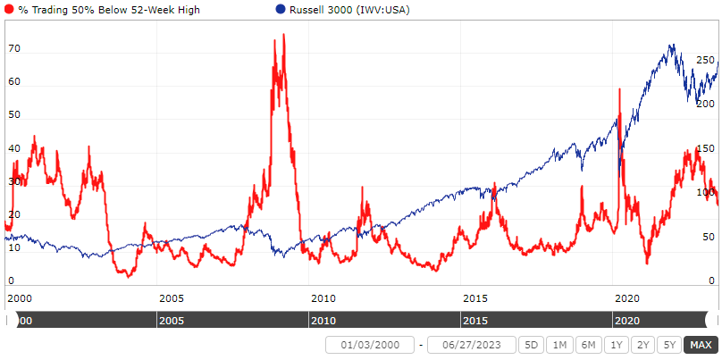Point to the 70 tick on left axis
[x=13, y=51]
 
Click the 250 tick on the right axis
[x=706, y=60]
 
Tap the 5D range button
[x=532, y=345]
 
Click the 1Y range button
[x=616, y=345]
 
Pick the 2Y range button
[x=642, y=345]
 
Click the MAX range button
[x=701, y=345]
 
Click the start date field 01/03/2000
[x=369, y=345]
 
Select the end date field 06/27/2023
[x=471, y=345]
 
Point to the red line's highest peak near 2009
[x=284, y=35]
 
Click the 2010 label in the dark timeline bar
[x=323, y=320]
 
